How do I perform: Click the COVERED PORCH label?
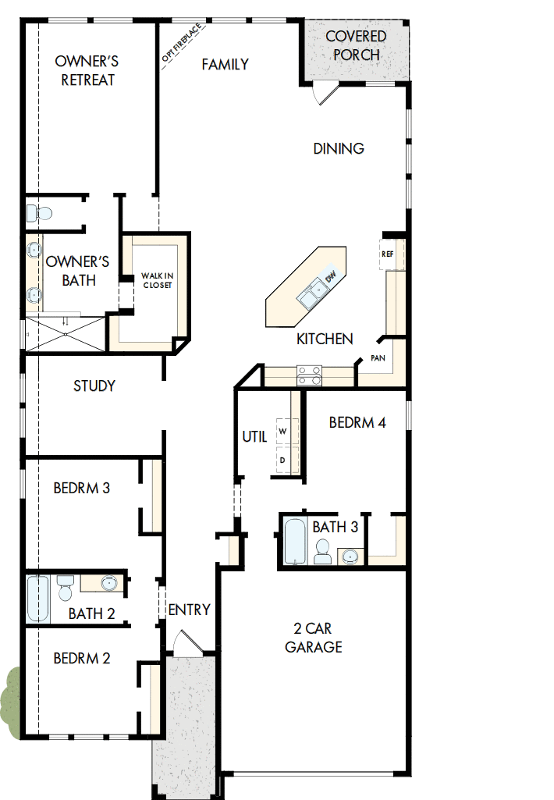[x=356, y=46]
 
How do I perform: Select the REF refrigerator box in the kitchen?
[x=388, y=254]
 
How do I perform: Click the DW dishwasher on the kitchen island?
[x=330, y=276]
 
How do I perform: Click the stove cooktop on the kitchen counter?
[x=309, y=376]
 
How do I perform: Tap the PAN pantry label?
[x=378, y=358]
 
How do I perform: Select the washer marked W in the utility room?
[x=282, y=432]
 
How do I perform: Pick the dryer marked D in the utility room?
[x=282, y=460]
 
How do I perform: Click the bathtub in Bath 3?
[x=295, y=541]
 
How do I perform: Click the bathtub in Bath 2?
[x=37, y=599]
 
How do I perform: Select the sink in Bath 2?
[x=107, y=583]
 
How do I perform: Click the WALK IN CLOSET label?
[x=156, y=280]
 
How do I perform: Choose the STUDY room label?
[x=94, y=386]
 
